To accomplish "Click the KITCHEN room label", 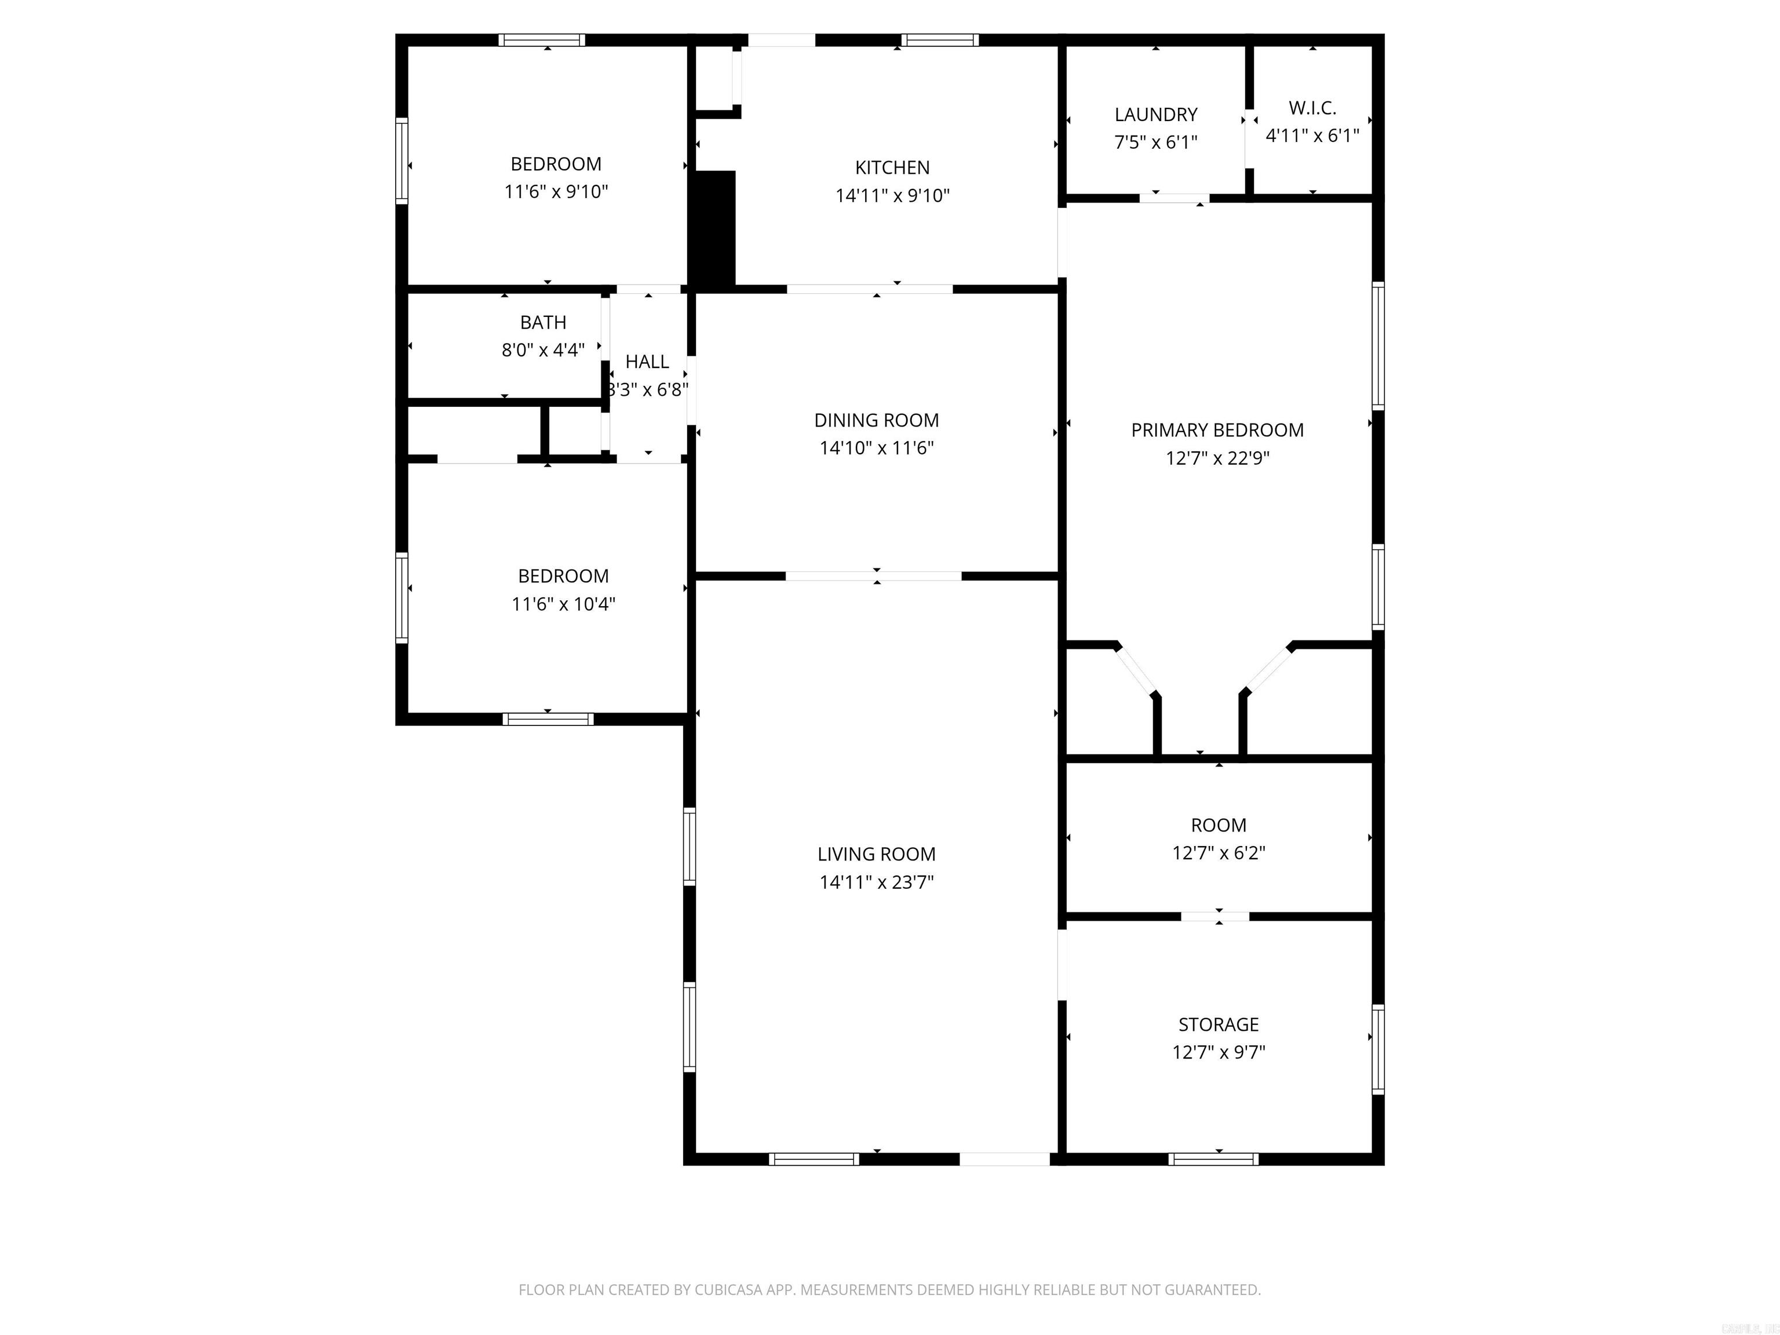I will pyautogui.click(x=892, y=167).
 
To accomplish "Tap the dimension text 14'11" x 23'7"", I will pyautogui.click(x=876, y=882).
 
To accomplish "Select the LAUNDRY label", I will pyautogui.click(x=1155, y=114).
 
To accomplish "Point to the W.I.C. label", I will pyautogui.click(x=1312, y=108).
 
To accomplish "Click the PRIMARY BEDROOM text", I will pyautogui.click(x=1217, y=430).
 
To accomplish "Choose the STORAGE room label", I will pyautogui.click(x=1219, y=1024).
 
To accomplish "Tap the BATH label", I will pyautogui.click(x=543, y=323).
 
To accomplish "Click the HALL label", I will pyautogui.click(x=647, y=362).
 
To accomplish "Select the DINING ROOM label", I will pyautogui.click(x=876, y=420).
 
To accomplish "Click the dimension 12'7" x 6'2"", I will pyautogui.click(x=1219, y=852).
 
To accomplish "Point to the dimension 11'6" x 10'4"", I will pyautogui.click(x=563, y=604).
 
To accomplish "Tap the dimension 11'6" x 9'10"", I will pyautogui.click(x=556, y=192).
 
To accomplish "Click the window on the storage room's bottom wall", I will pyautogui.click(x=1213, y=1159).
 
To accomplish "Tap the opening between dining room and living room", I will pyautogui.click(x=873, y=575).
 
